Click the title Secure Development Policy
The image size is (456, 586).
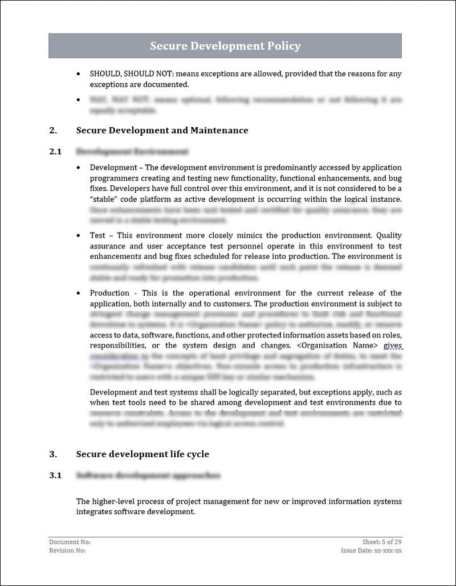(225, 46)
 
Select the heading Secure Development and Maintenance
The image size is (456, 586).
(162, 131)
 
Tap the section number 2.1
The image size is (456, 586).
(55, 152)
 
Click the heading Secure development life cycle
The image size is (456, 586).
(142, 454)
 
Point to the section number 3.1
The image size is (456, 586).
(55, 475)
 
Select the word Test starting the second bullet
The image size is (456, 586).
(97, 235)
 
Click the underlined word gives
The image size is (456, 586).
(393, 345)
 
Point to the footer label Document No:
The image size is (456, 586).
(70, 542)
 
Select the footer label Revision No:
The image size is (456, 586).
(68, 551)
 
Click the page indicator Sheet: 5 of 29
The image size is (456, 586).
(382, 542)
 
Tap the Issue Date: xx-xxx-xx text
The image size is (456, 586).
(371, 551)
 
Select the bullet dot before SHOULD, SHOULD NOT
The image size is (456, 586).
(79, 74)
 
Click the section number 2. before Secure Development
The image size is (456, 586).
(53, 131)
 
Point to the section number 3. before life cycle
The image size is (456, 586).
(53, 454)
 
